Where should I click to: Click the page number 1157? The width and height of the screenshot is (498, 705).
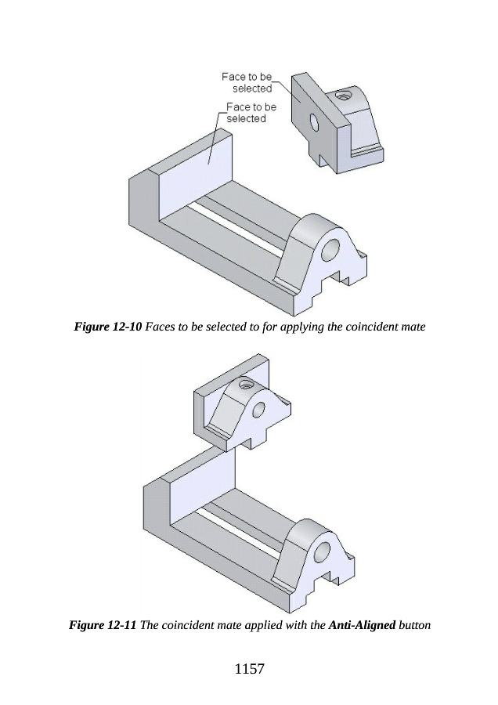point(250,669)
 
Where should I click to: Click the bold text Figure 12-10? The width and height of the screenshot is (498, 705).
point(108,327)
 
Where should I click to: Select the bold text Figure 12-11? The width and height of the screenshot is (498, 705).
point(103,625)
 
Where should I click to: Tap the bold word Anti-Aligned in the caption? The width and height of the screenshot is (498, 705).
point(362,625)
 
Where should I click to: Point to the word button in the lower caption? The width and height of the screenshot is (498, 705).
point(414,625)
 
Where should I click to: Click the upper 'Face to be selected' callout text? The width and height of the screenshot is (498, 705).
point(247,83)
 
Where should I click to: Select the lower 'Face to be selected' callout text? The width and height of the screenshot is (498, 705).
point(251,113)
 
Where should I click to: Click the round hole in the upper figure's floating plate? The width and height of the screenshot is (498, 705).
point(314,122)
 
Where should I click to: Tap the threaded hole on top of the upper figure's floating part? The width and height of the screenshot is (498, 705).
point(345,96)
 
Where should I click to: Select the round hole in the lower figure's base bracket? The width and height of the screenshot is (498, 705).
point(323,551)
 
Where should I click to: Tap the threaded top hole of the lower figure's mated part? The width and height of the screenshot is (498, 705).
point(246,384)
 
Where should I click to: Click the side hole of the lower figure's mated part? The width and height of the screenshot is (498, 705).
point(259,410)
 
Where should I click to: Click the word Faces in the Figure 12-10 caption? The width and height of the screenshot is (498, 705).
point(160,327)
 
